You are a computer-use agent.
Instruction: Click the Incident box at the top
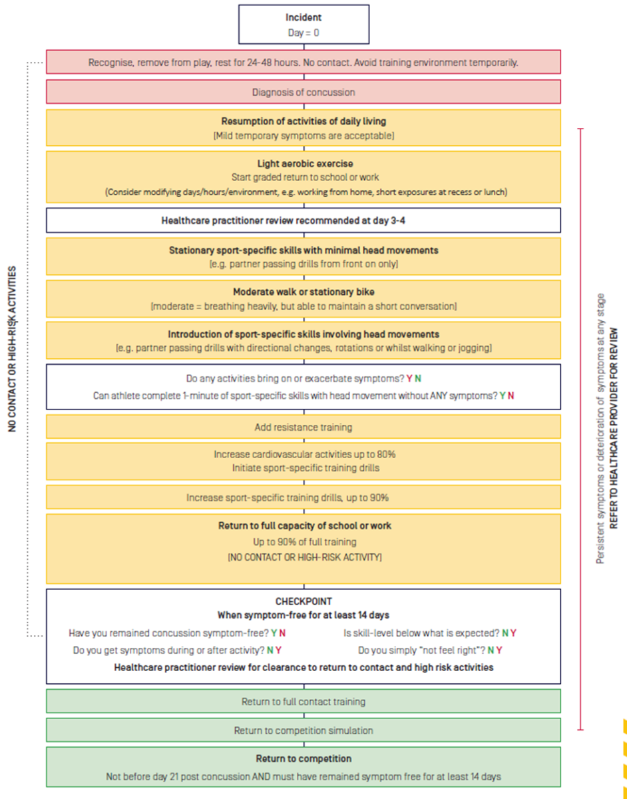click(303, 24)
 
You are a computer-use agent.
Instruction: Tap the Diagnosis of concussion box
click(303, 92)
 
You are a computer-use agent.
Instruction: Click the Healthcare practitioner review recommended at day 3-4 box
click(303, 220)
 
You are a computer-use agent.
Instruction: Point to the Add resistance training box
click(303, 427)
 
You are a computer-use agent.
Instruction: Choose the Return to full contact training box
click(303, 701)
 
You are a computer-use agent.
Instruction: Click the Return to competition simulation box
click(303, 730)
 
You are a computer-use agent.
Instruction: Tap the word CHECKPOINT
click(304, 601)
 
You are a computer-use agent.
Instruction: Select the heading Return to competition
click(304, 758)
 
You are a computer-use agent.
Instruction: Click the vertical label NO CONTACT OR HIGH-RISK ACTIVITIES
click(13, 349)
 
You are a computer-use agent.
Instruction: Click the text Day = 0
click(304, 32)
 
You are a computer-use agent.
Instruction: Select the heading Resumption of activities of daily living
click(304, 121)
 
